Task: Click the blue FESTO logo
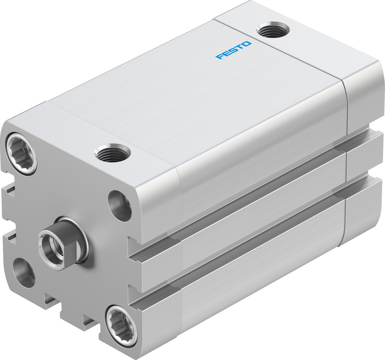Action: point(233,50)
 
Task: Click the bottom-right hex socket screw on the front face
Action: point(121,325)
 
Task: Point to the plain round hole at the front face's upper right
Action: point(120,206)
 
